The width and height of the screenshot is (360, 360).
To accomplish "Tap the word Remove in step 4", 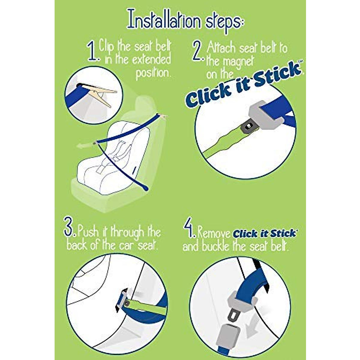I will [214, 233].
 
